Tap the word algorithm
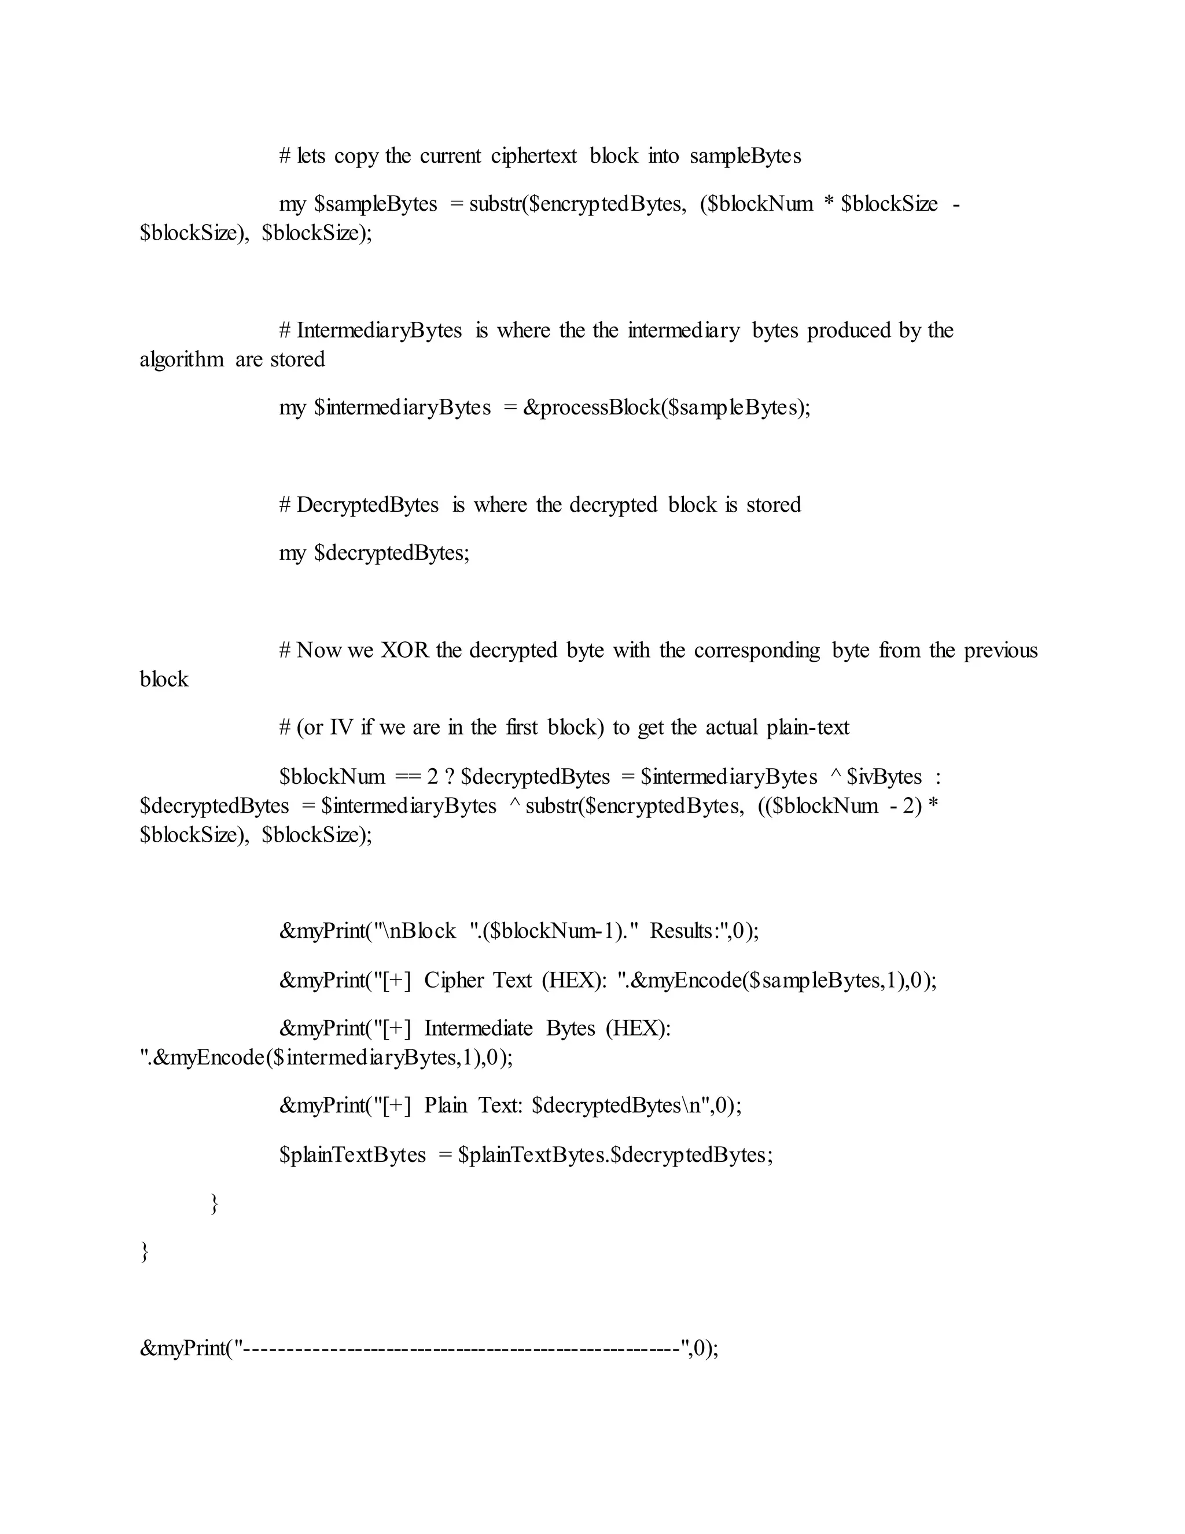click(181, 359)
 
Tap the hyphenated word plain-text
click(807, 728)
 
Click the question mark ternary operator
click(449, 777)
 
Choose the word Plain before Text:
click(445, 1106)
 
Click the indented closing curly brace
click(215, 1203)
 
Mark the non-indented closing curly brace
click(145, 1252)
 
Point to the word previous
click(1000, 651)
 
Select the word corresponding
click(756, 651)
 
